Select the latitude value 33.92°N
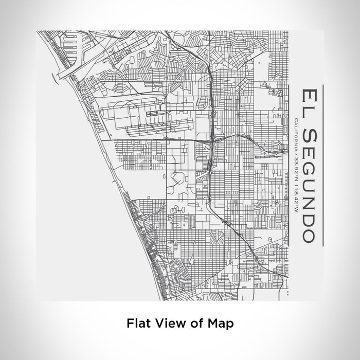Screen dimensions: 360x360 tap(297, 167)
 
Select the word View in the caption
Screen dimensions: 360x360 tap(166, 323)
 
